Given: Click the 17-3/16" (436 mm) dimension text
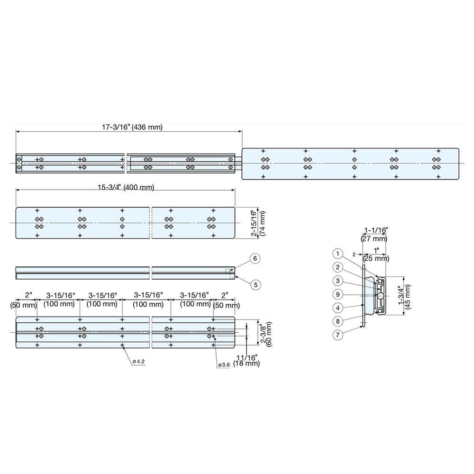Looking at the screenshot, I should pyautogui.click(x=132, y=128).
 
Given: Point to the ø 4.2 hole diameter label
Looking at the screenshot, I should pyautogui.click(x=138, y=362).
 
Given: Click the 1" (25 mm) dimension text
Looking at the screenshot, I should pyautogui.click(x=376, y=255).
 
